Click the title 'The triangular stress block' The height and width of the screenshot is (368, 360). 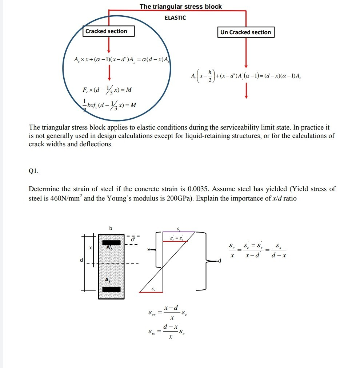(181, 7)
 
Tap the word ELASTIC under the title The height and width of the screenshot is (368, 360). (175, 17)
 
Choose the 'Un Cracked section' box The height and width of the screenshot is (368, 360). (245, 32)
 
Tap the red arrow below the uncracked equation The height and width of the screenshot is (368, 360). (246, 91)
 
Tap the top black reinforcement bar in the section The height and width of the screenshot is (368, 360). (111, 242)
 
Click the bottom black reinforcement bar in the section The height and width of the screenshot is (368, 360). (111, 289)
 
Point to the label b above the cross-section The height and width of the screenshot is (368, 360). (111, 228)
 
